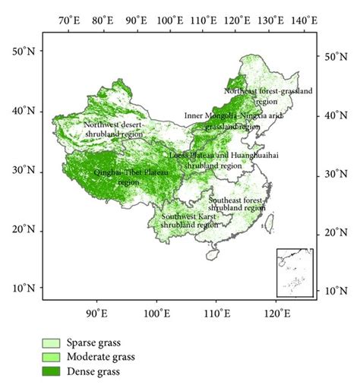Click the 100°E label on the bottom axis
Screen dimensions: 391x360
click(157, 312)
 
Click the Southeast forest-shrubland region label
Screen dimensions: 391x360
click(237, 203)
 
